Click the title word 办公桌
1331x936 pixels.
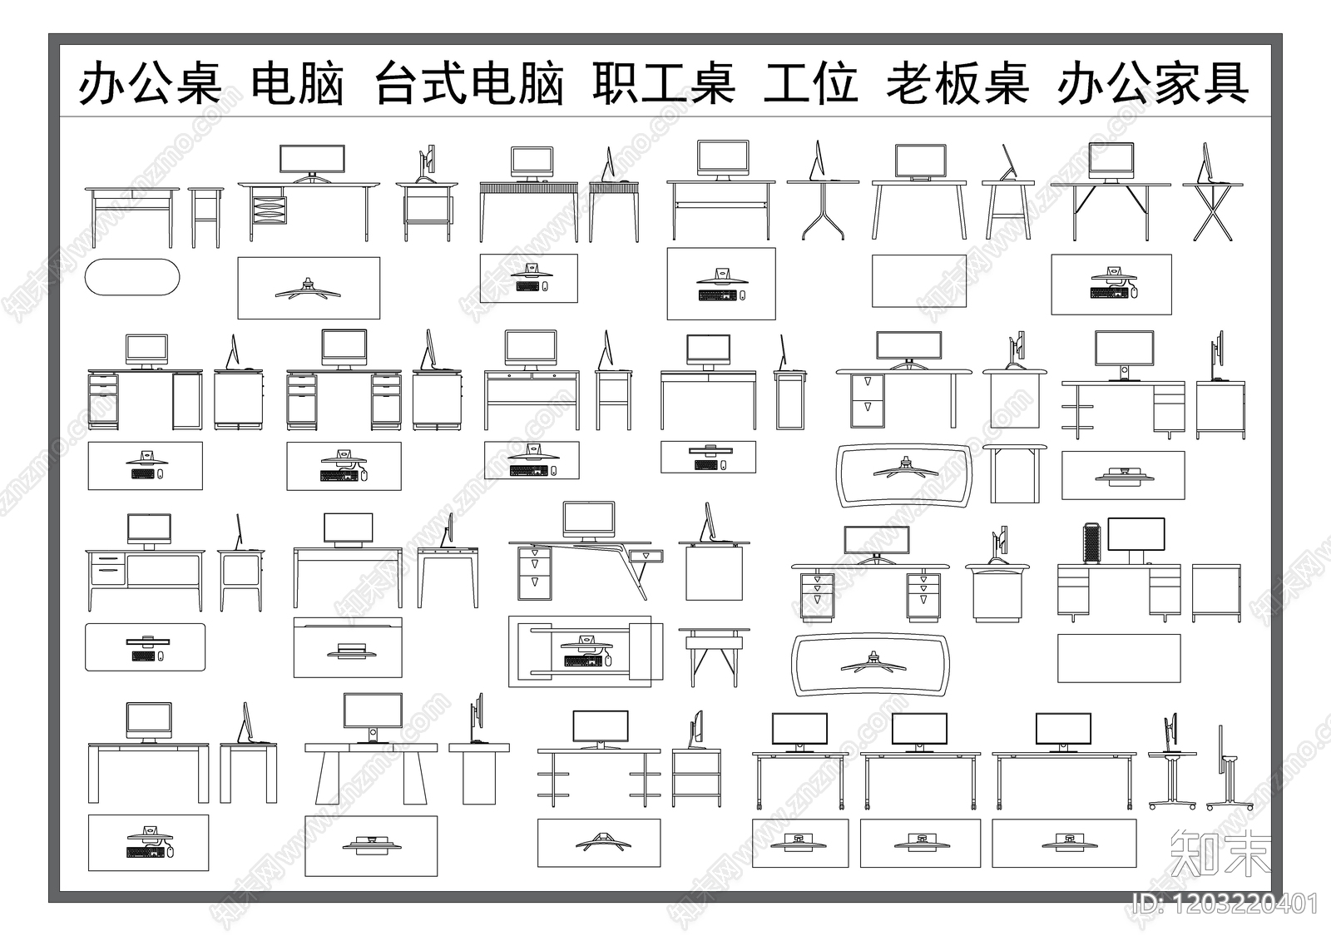151,84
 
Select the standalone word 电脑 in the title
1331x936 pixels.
297,84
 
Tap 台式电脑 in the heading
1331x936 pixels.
469,84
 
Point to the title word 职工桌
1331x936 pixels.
664,84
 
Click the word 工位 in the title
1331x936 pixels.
810,84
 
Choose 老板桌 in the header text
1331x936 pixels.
957,84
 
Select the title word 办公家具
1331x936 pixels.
1153,84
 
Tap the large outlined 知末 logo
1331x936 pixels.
1220,854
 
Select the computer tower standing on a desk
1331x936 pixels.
1091,542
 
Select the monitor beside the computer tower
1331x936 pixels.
1136,535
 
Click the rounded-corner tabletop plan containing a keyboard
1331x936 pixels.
145,647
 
